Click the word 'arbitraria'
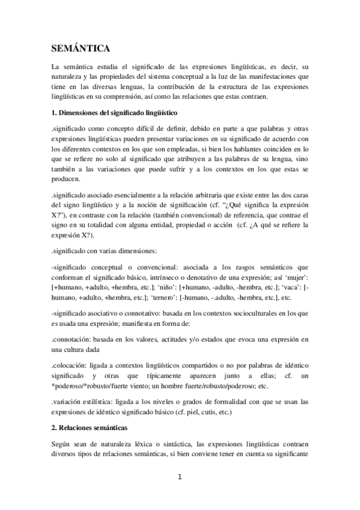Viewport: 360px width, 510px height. [221, 196]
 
